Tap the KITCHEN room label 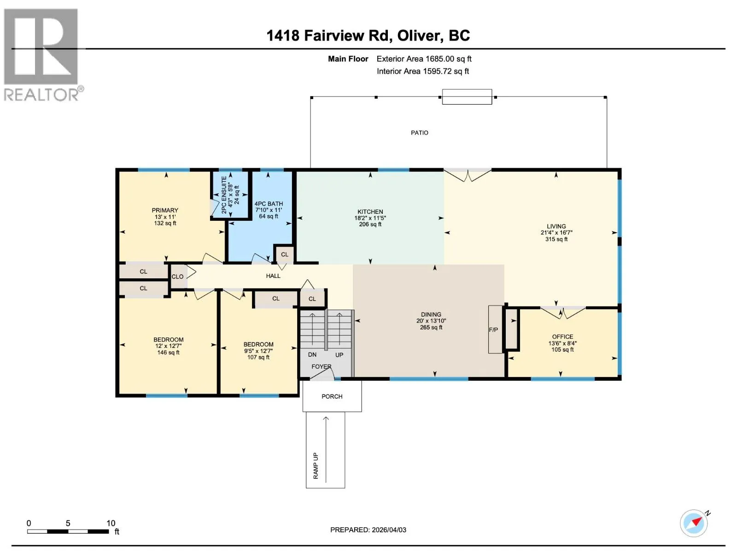pyautogui.click(x=370, y=212)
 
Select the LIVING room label pyautogui.click(x=556, y=227)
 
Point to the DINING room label pyautogui.click(x=431, y=315)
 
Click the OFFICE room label pyautogui.click(x=562, y=337)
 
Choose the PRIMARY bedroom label pyautogui.click(x=165, y=211)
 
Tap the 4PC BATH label pyautogui.click(x=269, y=204)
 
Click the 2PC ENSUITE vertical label pyautogui.click(x=224, y=195)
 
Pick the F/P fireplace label pyautogui.click(x=493, y=330)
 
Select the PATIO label pyautogui.click(x=419, y=133)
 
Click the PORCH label pyautogui.click(x=332, y=396)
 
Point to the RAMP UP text pyautogui.click(x=316, y=466)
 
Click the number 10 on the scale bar pyautogui.click(x=111, y=523)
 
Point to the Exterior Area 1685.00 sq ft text pyautogui.click(x=424, y=59)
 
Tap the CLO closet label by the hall pyautogui.click(x=177, y=276)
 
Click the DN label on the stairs pyautogui.click(x=312, y=354)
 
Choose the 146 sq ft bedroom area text pyautogui.click(x=168, y=353)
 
